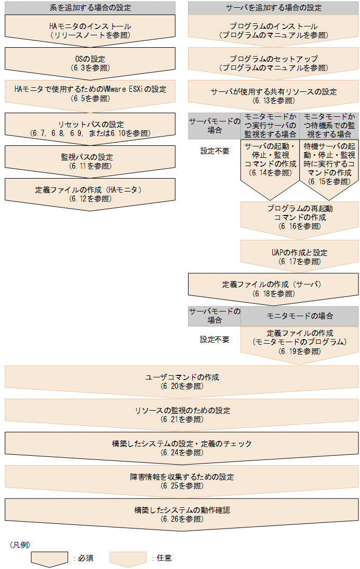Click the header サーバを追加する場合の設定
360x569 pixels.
[x=273, y=8]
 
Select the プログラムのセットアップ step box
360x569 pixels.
[x=273, y=63]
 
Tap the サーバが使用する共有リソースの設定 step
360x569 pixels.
[x=273, y=95]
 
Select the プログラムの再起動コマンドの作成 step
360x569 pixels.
[x=299, y=217]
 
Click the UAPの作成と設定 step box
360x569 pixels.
[x=299, y=256]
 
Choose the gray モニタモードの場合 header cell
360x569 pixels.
[x=299, y=316]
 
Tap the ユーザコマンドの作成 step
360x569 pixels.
[x=181, y=381]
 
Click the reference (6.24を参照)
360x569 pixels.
[x=181, y=453]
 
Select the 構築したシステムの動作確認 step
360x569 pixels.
[x=181, y=513]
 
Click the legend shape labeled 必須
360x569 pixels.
[x=49, y=558]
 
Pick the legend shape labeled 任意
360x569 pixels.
[x=128, y=558]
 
